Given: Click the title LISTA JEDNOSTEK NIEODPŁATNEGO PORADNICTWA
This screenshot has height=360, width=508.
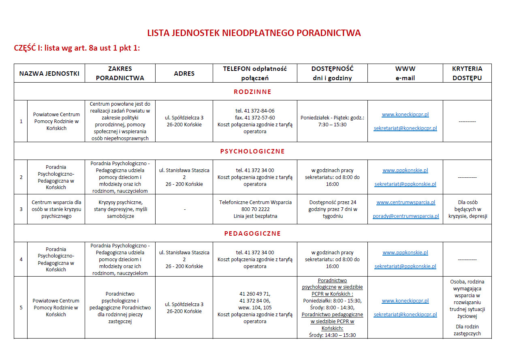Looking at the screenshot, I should pyautogui.click(x=254, y=33).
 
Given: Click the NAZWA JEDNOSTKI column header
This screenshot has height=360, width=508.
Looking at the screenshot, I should pyautogui.click(x=49, y=74).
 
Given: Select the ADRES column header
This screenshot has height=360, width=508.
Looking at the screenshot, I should pyautogui.click(x=184, y=74).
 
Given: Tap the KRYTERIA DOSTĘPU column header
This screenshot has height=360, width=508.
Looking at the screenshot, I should pyautogui.click(x=467, y=73).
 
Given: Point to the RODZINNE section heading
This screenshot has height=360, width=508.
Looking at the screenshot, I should pyautogui.click(x=252, y=92).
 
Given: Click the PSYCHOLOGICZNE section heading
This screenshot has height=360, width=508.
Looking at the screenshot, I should pyautogui.click(x=252, y=151).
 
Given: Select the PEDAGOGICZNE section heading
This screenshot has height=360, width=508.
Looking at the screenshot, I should pyautogui.click(x=252, y=234).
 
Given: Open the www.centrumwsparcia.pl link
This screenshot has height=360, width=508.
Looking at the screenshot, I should pyautogui.click(x=406, y=202).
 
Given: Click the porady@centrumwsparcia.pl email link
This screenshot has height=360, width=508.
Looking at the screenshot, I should pyautogui.click(x=406, y=216).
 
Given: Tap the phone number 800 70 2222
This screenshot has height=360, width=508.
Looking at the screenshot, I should pyautogui.click(x=255, y=209).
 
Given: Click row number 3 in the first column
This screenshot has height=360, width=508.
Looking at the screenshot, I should pyautogui.click(x=21, y=209).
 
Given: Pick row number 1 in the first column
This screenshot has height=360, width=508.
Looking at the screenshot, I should pyautogui.click(x=21, y=121).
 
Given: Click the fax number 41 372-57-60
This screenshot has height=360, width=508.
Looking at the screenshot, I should pyautogui.click(x=255, y=118).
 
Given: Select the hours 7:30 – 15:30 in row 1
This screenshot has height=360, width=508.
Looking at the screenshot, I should pyautogui.click(x=332, y=125).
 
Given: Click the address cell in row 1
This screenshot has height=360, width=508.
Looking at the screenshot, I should pyautogui.click(x=184, y=121).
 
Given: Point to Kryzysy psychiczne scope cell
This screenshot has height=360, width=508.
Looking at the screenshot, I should pyautogui.click(x=120, y=209).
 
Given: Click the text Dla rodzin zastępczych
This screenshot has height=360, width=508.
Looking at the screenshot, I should pyautogui.click(x=467, y=330).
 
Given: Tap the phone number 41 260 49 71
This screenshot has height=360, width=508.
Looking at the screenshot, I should pyautogui.click(x=255, y=294).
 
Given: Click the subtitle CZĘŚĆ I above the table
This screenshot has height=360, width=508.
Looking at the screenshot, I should pyautogui.click(x=77, y=48).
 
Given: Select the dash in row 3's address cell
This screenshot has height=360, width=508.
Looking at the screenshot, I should pyautogui.click(x=184, y=209).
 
